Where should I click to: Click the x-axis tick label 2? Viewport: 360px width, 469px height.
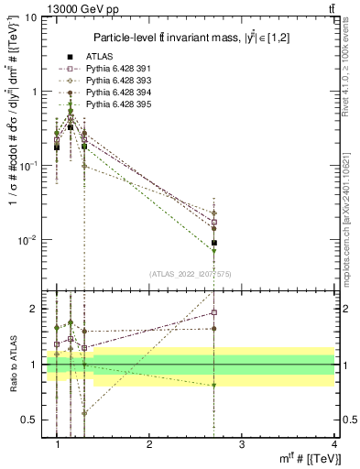[x=149, y=445]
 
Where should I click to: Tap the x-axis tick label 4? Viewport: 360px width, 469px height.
[x=334, y=445]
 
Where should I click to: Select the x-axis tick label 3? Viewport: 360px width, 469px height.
[x=242, y=445]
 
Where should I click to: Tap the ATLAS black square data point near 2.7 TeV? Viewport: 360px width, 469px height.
[x=214, y=243]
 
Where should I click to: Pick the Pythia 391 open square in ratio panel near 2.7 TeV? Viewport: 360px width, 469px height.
[x=214, y=312]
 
